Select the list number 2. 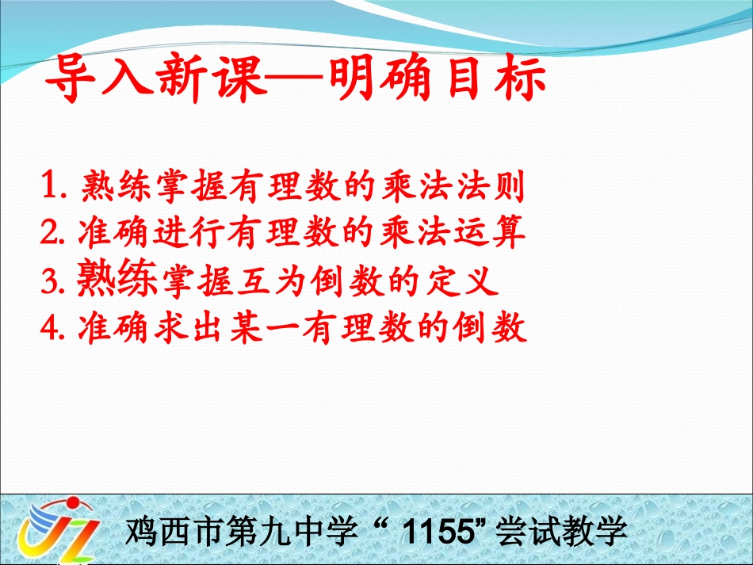click(x=55, y=233)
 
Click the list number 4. click(x=55, y=327)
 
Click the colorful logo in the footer click(x=59, y=530)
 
